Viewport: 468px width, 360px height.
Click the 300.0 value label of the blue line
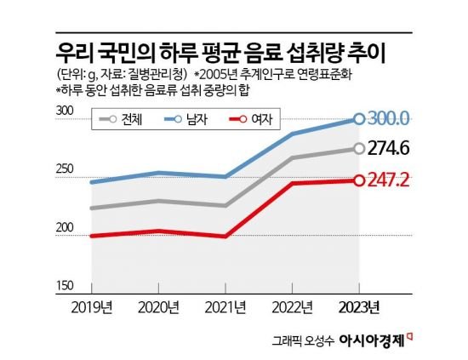pyautogui.click(x=388, y=119)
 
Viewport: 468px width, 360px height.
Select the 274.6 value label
pyautogui.click(x=388, y=148)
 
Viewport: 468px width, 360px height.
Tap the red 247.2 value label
pyautogui.click(x=388, y=180)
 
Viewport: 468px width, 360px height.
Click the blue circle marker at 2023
pyautogui.click(x=359, y=119)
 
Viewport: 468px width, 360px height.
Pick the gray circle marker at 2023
pyautogui.click(x=359, y=148)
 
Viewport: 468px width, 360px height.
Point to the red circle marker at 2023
pyautogui.click(x=359, y=180)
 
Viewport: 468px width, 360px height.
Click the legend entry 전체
pyautogui.click(x=121, y=119)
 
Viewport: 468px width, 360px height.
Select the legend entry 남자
pyautogui.click(x=185, y=119)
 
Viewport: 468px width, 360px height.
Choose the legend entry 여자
pyautogui.click(x=251, y=119)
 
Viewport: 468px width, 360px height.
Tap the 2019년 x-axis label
pyautogui.click(x=92, y=307)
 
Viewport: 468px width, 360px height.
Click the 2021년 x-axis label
pyautogui.click(x=225, y=307)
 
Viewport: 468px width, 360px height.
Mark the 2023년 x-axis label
pyautogui.click(x=359, y=307)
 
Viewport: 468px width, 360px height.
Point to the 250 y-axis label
pyautogui.click(x=65, y=169)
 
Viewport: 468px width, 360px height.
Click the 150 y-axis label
pyautogui.click(x=65, y=286)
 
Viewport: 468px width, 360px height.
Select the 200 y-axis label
pyautogui.click(x=65, y=227)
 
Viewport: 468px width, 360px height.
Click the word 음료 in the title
pyautogui.click(x=263, y=54)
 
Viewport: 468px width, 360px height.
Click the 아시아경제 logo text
pyautogui.click(x=372, y=340)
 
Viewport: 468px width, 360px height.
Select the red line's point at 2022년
pyautogui.click(x=292, y=183)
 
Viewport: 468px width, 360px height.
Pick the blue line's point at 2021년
pyautogui.click(x=225, y=177)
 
